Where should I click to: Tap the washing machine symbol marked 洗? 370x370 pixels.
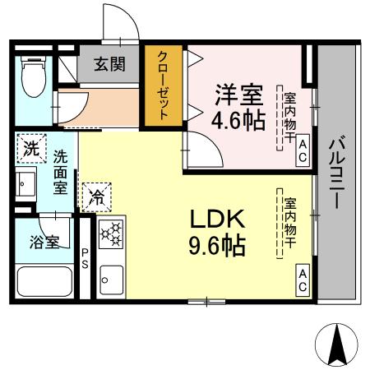(30, 150)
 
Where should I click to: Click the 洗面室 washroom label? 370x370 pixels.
(61, 171)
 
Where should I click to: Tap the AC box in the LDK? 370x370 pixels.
(302, 280)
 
